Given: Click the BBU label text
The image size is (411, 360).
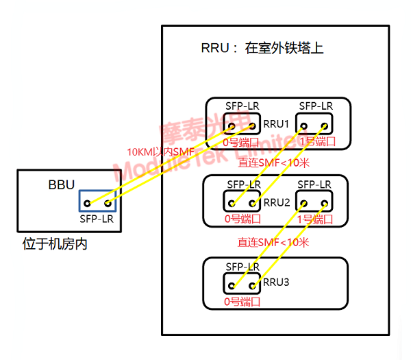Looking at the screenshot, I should tap(61, 184).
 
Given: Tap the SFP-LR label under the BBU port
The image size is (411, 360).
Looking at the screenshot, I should tap(97, 219).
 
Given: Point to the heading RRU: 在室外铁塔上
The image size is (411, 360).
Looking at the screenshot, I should tap(262, 49).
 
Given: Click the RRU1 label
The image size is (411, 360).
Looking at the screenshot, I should tap(277, 124).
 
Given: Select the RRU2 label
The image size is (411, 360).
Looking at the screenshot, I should tap(277, 202).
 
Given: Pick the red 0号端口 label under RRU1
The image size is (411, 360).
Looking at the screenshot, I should tap(242, 142).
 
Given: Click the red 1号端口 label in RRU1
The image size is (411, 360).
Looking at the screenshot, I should tap(316, 142).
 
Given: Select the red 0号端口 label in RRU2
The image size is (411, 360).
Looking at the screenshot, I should tap(242, 219).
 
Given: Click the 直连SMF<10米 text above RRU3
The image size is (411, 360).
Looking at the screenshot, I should tap(273, 243).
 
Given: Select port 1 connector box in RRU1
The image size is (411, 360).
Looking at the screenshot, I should tap(316, 124).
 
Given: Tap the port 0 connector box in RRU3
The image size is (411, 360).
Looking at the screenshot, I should tap(242, 283).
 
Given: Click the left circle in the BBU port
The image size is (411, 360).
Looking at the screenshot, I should tap(88, 203).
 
